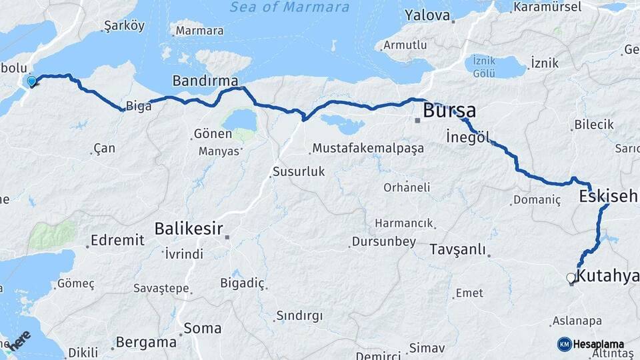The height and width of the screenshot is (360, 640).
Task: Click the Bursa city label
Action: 449,110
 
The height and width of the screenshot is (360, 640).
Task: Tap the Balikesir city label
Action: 188,228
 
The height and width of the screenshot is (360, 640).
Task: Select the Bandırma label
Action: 205,81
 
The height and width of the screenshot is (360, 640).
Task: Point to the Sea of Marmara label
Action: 289,7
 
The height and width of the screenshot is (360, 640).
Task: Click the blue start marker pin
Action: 31,82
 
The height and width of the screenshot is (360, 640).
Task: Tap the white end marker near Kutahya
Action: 571,278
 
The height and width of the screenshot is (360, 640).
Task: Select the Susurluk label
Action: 299,171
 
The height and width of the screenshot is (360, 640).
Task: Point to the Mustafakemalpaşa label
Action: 368,148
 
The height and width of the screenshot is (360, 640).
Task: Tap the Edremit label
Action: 117,240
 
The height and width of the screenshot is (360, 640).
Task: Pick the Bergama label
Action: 146,342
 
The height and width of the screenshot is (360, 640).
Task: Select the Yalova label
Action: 427,15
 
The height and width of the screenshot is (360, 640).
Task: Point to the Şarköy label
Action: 125,27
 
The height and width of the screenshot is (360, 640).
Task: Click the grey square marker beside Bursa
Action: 417,121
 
